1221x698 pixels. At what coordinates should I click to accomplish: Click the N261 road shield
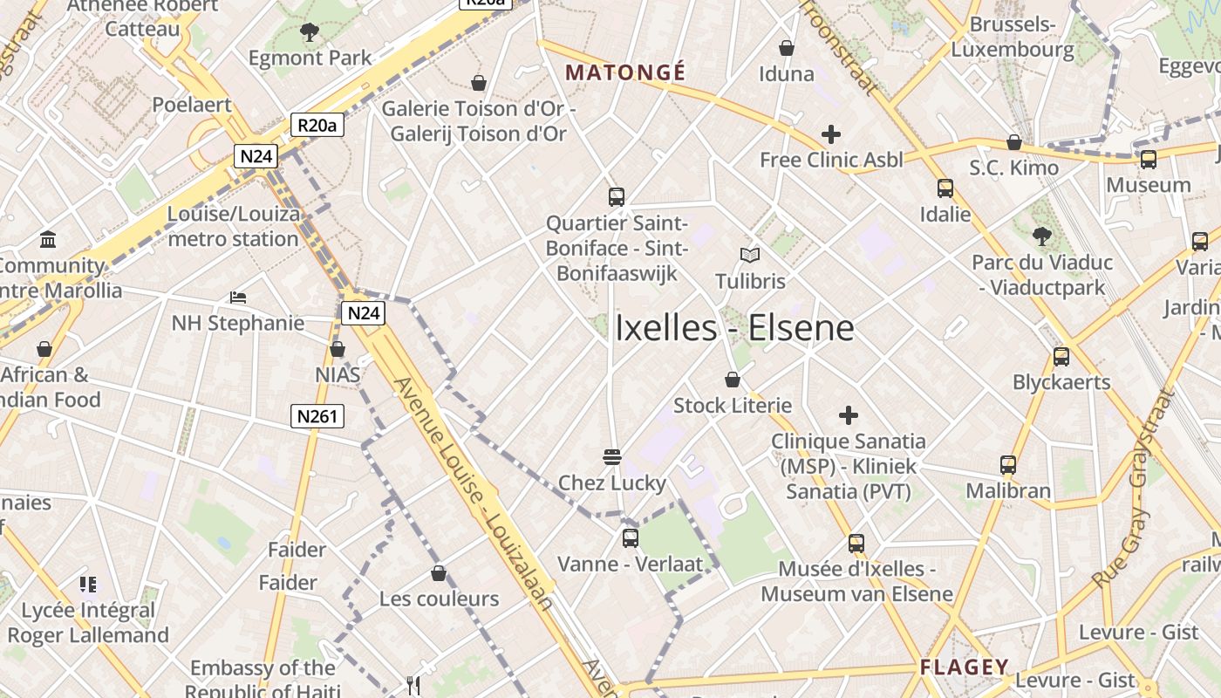(x=317, y=416)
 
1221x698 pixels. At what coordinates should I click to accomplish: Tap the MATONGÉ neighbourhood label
(x=625, y=72)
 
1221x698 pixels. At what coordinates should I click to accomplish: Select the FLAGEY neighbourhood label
(x=964, y=667)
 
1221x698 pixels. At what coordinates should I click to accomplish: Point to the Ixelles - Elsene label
(x=734, y=328)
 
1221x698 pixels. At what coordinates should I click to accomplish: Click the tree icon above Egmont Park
(x=309, y=33)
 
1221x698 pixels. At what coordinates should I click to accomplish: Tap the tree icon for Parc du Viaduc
(x=1041, y=236)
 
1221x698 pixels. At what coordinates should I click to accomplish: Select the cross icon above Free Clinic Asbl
(x=831, y=134)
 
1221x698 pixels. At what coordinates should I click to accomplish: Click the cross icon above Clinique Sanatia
(x=848, y=415)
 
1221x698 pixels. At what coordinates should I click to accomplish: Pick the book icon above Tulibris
(x=750, y=255)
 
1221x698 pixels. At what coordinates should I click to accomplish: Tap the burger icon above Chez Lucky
(x=611, y=456)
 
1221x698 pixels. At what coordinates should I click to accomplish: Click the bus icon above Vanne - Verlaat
(x=630, y=538)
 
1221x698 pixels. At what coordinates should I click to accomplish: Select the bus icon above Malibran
(x=1008, y=465)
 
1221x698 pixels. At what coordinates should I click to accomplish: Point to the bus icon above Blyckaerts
(x=1061, y=356)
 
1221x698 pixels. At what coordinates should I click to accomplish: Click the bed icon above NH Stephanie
(x=238, y=298)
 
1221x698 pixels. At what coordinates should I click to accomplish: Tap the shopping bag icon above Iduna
(x=787, y=48)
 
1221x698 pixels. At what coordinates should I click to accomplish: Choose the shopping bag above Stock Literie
(x=733, y=380)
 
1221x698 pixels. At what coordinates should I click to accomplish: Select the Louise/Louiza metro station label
(x=233, y=226)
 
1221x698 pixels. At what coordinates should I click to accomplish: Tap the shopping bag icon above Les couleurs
(x=439, y=573)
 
